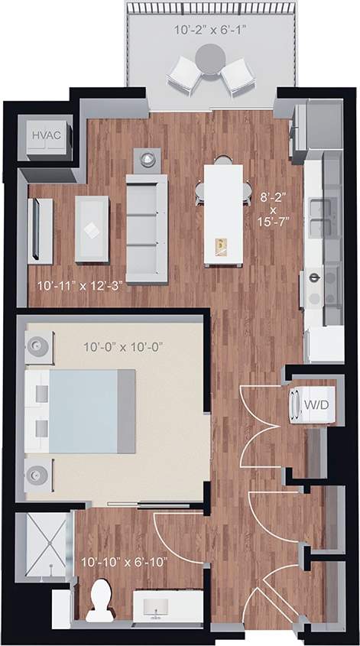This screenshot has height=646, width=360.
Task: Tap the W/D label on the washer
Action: coord(311,404)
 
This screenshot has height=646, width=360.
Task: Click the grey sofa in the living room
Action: coord(146,227)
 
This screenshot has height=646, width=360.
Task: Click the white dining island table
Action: coord(222,215)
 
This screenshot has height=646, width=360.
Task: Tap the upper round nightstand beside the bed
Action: coord(37,346)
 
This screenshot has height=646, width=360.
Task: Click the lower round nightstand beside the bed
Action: coord(37,475)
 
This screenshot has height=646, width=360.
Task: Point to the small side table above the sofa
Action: coord(147,159)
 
